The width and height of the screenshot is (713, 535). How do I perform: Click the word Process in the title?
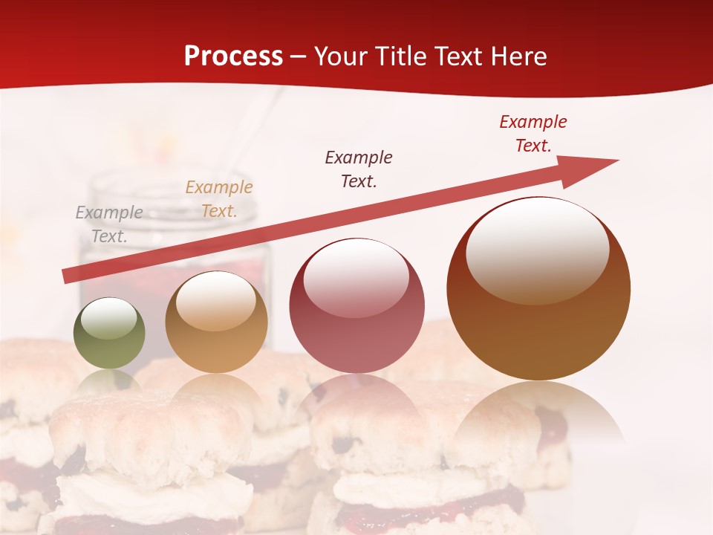pyautogui.click(x=233, y=56)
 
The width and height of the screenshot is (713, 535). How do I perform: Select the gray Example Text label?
pyautogui.click(x=109, y=224)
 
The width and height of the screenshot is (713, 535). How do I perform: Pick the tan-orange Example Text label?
pyautogui.click(x=219, y=199)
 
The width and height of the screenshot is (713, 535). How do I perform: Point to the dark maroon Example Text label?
pyautogui.click(x=359, y=169)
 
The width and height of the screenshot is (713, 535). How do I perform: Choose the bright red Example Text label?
pyautogui.click(x=533, y=134)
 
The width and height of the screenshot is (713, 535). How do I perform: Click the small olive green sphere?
pyautogui.click(x=109, y=349)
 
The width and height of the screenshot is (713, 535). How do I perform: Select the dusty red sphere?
pyautogui.click(x=356, y=334)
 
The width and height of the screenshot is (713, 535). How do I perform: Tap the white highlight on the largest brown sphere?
pyautogui.click(x=538, y=249)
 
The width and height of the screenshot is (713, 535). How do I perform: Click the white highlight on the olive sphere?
pyautogui.click(x=109, y=318)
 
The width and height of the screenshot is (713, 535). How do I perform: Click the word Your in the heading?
pyautogui.click(x=341, y=56)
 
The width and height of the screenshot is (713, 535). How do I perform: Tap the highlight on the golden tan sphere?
pyautogui.click(x=215, y=301)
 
